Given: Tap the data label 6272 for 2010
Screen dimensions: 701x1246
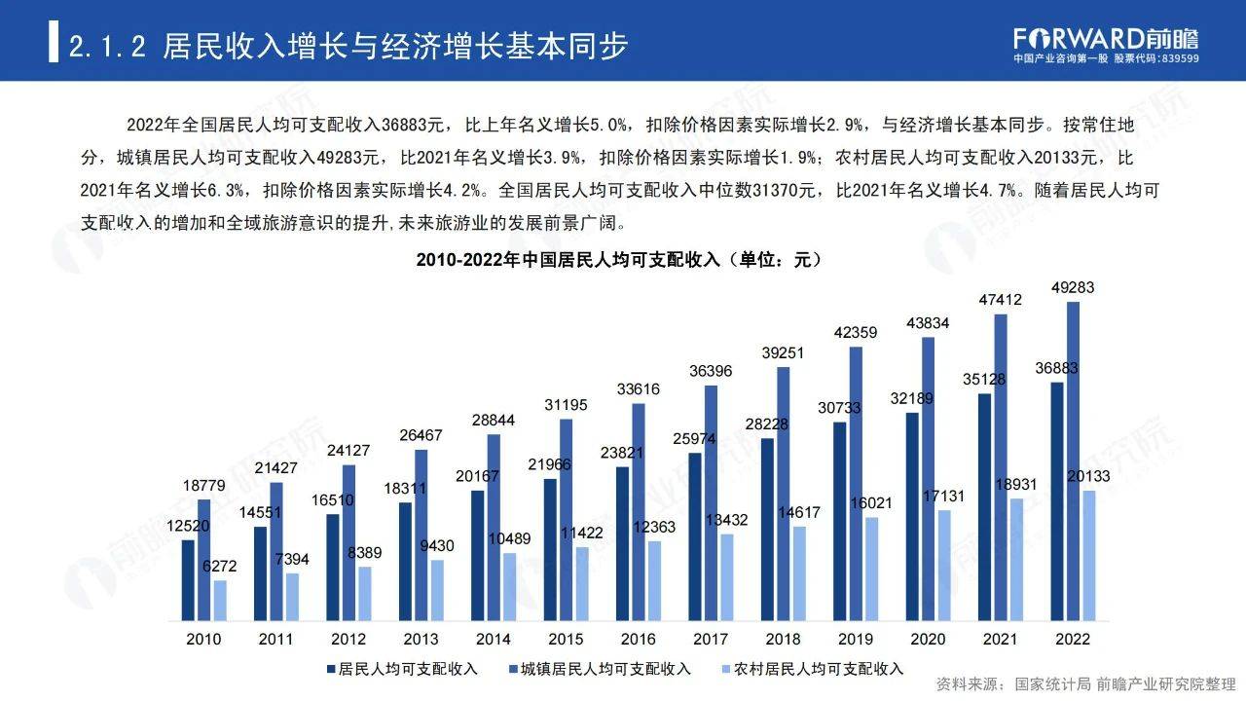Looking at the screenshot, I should point(219,566).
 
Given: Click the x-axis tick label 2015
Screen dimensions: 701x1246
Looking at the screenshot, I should point(566,640).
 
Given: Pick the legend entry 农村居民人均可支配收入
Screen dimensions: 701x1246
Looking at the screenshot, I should point(819,669).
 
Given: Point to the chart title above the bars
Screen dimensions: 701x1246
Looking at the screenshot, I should point(619,260).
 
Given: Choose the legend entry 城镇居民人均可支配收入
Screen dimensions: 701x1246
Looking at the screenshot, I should point(605,669).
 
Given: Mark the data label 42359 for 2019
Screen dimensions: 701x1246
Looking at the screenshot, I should point(856,332).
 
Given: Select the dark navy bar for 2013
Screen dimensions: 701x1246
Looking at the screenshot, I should point(405,562).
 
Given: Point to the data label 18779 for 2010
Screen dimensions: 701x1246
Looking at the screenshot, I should point(202,485).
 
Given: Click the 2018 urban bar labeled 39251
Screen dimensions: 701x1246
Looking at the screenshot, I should point(783,494).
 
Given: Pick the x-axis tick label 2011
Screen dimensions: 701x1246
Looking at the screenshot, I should point(276,640).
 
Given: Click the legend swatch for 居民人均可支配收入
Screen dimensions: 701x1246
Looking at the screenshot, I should point(330,669).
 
